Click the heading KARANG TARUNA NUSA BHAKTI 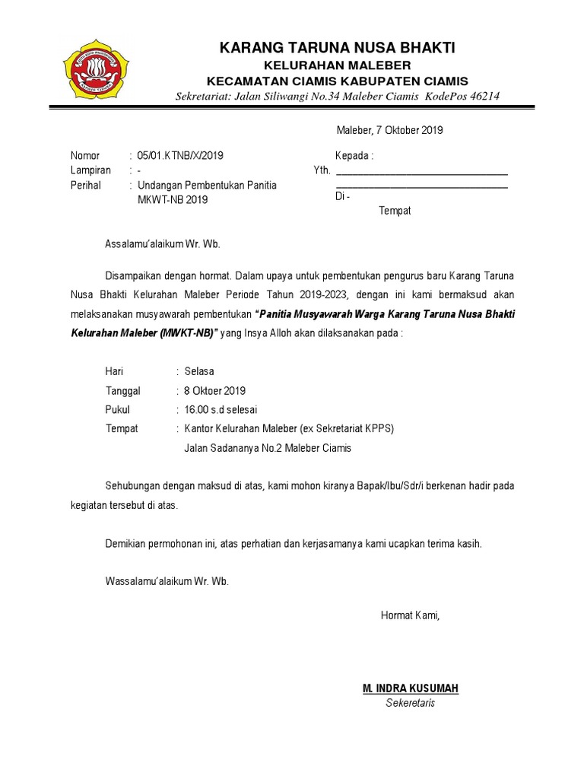[338, 49]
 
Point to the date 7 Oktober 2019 [411, 130]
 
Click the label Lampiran [90, 170]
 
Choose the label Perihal [86, 185]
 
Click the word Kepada [354, 155]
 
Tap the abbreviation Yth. [322, 170]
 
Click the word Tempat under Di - [395, 211]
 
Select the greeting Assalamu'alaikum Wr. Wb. [162, 244]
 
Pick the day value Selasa [199, 371]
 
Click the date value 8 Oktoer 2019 [215, 391]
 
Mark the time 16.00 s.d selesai [221, 410]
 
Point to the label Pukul [117, 410]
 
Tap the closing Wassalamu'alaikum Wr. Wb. [167, 582]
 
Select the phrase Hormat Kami [410, 615]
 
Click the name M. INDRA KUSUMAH [411, 688]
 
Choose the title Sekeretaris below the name [410, 703]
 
